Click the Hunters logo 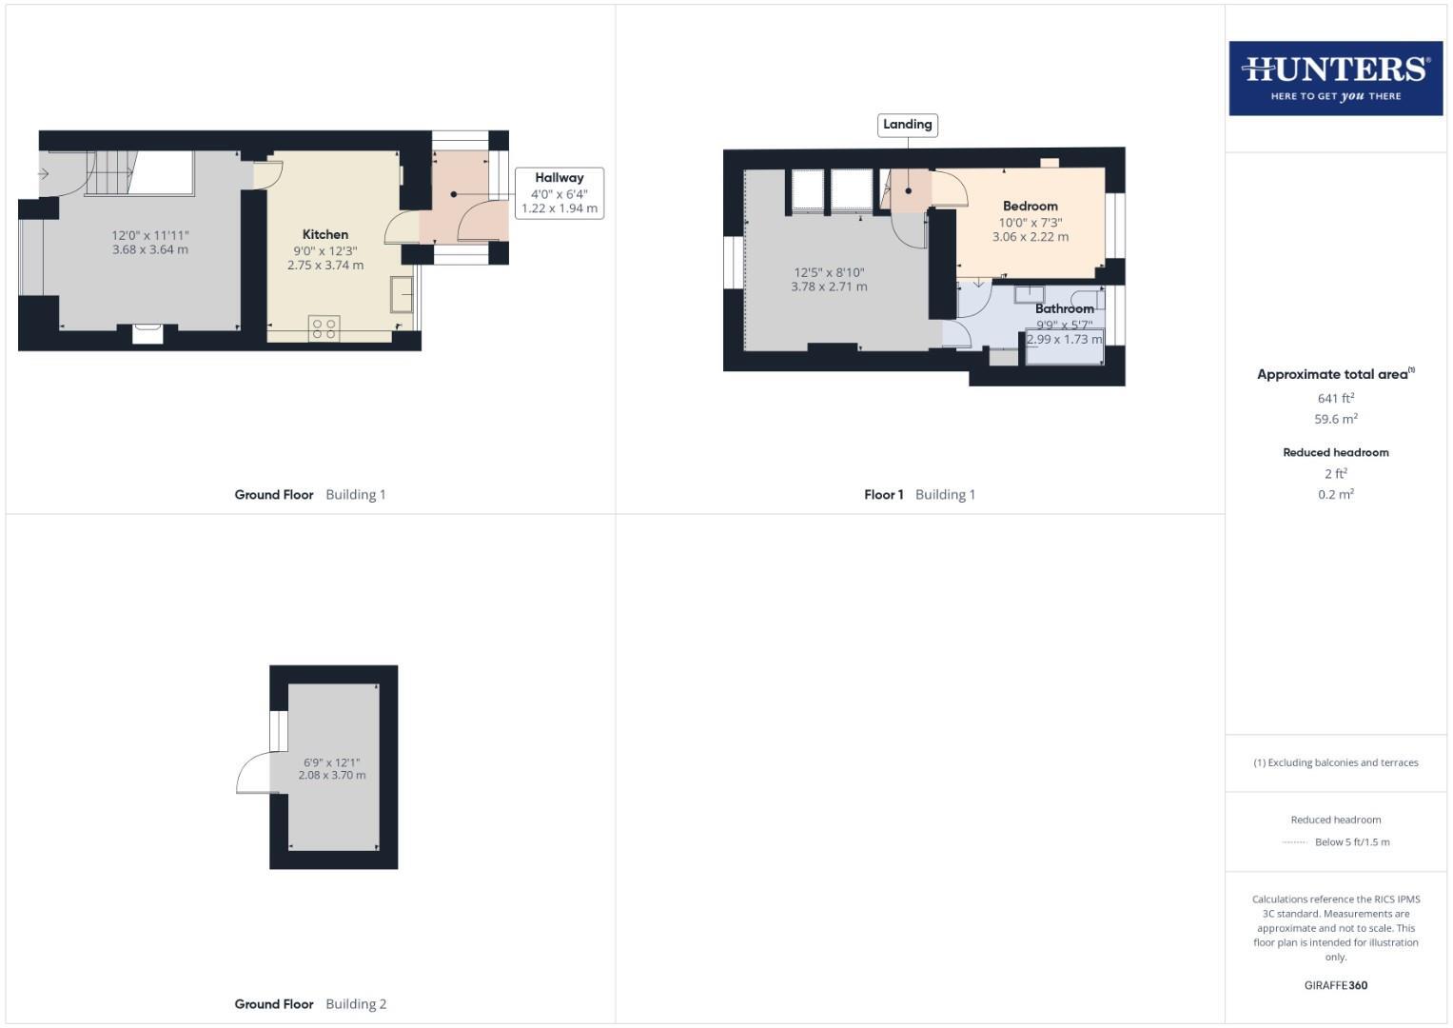pos(1335,78)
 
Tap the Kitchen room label pos(325,234)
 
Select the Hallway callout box pos(560,192)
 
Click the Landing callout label pos(907,125)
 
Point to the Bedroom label pos(1030,206)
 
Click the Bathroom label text pos(1064,308)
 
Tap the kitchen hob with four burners pos(324,327)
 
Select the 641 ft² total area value pos(1335,398)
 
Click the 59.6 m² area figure pos(1335,419)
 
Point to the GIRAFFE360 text pos(1335,985)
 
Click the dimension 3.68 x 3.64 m pos(150,249)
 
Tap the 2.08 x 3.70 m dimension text pos(332,775)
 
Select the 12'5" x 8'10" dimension pos(829,272)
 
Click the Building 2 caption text pos(356,1003)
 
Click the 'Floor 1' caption pos(883,494)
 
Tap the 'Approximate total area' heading pos(1333,374)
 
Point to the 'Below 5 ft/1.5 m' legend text pos(1351,841)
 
